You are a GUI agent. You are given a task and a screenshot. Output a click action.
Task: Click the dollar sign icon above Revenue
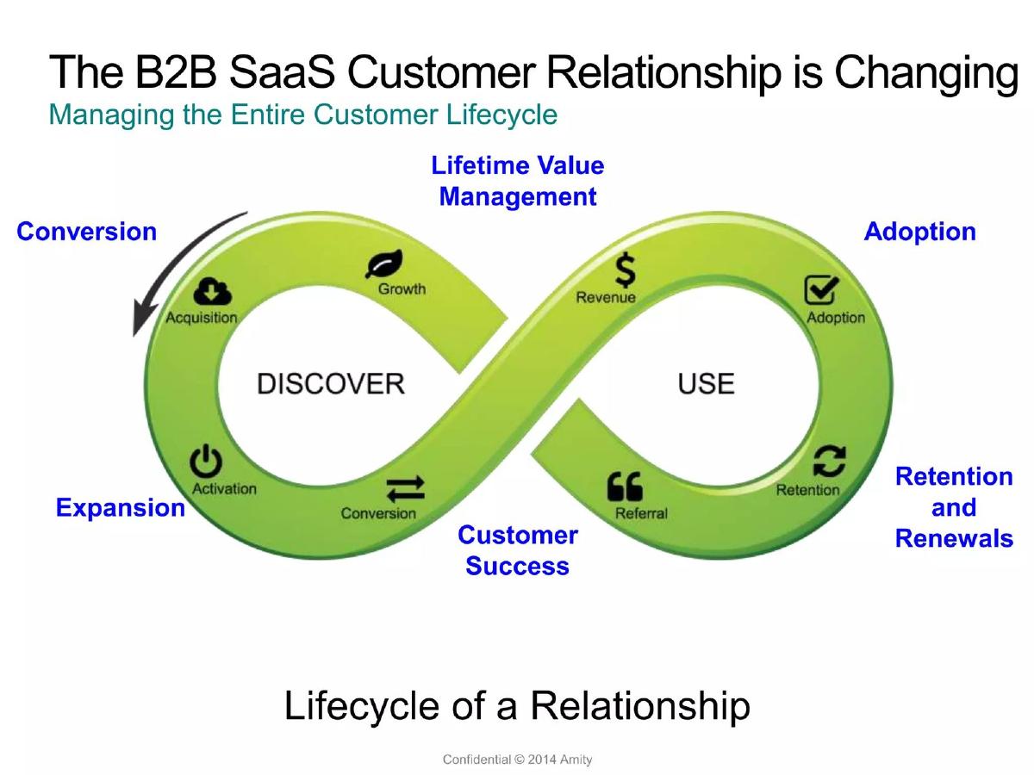[626, 270]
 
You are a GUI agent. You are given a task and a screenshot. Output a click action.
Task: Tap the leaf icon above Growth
[384, 263]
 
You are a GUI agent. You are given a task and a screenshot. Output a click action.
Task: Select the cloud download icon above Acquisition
[212, 292]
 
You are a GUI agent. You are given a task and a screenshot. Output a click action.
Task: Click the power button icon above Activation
[206, 462]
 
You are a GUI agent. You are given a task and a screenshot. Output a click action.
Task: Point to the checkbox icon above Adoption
[821, 290]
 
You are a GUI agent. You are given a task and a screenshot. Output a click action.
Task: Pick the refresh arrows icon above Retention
[830, 462]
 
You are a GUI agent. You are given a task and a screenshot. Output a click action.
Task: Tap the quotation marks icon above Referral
[625, 486]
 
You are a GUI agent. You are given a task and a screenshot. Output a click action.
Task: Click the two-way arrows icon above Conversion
[405, 489]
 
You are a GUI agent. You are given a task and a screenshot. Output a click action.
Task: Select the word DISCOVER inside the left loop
[331, 383]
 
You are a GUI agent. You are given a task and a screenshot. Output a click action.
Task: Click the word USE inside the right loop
[706, 383]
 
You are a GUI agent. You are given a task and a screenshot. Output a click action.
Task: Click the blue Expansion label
[121, 508]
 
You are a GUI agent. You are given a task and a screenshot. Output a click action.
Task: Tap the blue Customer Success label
[518, 550]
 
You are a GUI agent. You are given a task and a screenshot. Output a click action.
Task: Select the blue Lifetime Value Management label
[518, 181]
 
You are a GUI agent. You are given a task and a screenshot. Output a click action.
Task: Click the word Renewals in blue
[954, 538]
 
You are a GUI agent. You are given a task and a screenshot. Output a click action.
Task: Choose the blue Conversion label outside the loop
[87, 232]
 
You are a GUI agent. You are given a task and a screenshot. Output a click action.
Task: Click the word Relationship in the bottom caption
[640, 706]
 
